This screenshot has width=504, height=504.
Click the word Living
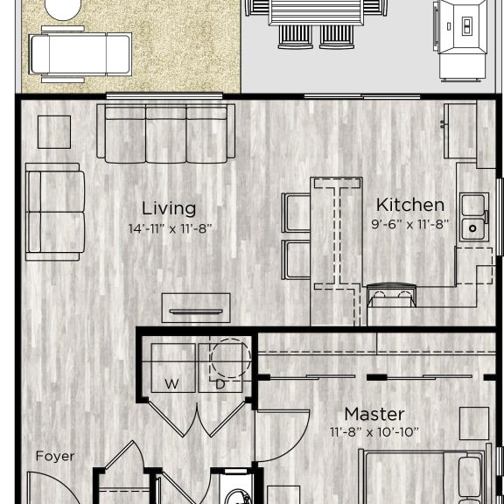tap(169, 208)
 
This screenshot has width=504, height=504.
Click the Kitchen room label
tap(409, 205)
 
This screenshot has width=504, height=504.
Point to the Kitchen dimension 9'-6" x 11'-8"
tap(409, 224)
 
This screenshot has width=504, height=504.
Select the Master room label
tap(374, 414)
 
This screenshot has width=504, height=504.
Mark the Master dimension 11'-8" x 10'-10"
tap(374, 432)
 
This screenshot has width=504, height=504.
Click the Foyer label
tap(54, 456)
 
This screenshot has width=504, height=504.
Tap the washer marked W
tap(172, 368)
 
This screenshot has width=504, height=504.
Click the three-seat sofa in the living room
tap(165, 133)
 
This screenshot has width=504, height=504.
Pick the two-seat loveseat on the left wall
tap(55, 211)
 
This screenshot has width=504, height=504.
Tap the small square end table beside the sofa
tap(54, 132)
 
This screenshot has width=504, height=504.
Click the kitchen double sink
tap(473, 216)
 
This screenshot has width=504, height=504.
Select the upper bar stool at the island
tap(296, 213)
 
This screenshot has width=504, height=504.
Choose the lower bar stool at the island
tap(296, 259)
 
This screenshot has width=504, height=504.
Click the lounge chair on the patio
tap(80, 53)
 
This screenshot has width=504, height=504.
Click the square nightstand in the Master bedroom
tap(473, 423)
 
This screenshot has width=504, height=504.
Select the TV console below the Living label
tap(195, 307)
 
